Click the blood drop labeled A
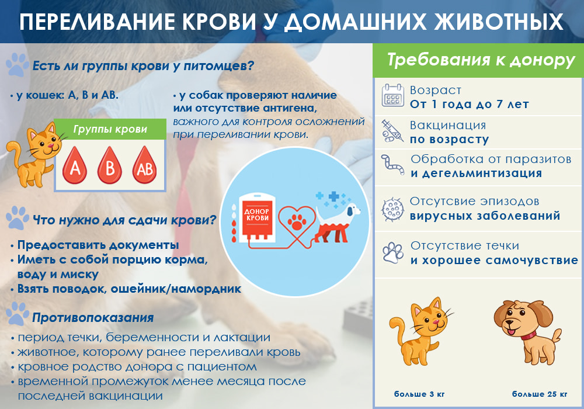[75, 166]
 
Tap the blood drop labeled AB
[144, 165]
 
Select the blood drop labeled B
[110, 165]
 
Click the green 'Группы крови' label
[110, 129]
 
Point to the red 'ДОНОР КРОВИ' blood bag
[256, 217]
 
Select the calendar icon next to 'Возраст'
[392, 96]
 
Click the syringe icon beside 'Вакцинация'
[392, 131]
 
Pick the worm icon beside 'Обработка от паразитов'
[392, 164]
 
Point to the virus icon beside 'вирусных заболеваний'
[392, 209]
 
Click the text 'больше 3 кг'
[419, 394]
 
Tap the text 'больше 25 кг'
[540, 394]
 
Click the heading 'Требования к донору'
[481, 60]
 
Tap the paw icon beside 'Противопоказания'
[17, 313]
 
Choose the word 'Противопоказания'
[93, 318]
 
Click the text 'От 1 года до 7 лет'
[470, 105]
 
